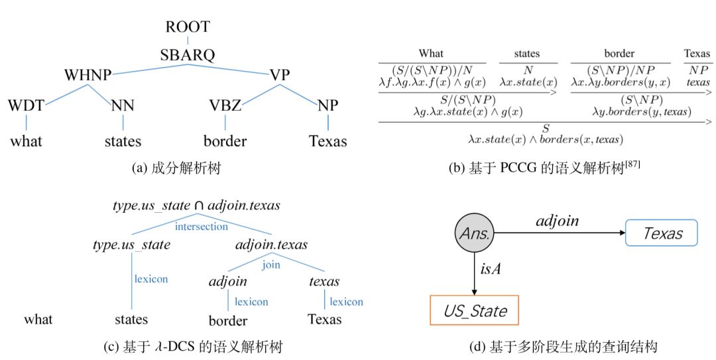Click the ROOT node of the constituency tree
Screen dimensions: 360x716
(x=188, y=27)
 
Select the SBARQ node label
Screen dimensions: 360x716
(x=188, y=55)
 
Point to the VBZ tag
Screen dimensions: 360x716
(x=225, y=105)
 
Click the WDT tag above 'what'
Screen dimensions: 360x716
(x=27, y=105)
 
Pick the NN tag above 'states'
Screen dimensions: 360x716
(x=123, y=105)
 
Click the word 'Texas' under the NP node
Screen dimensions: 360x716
(x=328, y=141)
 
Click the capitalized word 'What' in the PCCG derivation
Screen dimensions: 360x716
(x=431, y=54)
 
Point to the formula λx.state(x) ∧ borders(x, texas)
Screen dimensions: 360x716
(x=545, y=140)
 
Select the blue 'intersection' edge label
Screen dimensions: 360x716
(x=201, y=227)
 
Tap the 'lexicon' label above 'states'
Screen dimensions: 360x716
(x=150, y=279)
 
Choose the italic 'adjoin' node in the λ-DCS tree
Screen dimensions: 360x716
(x=227, y=281)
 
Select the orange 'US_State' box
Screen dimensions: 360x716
(x=474, y=310)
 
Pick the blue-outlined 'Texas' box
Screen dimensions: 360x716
(x=661, y=233)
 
